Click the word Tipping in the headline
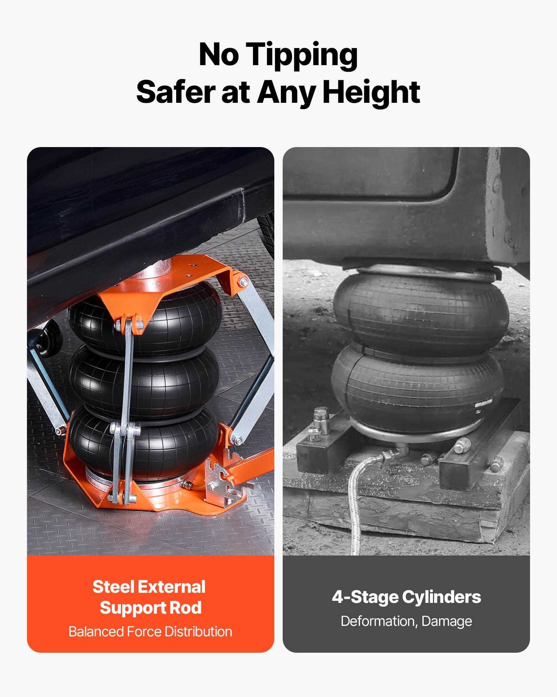click(301, 55)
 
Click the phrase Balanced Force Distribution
click(150, 631)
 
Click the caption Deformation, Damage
click(406, 621)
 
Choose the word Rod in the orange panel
click(186, 608)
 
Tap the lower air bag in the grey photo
click(418, 390)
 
